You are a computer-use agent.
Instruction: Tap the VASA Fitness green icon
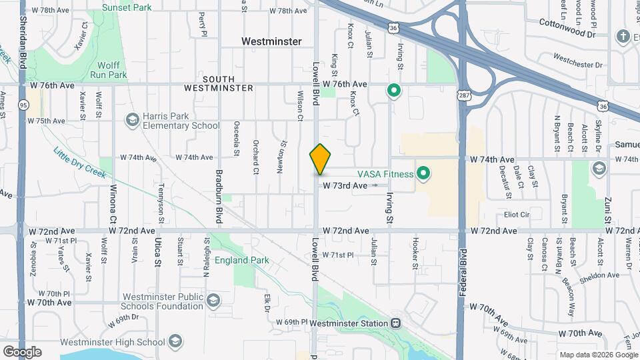(x=423, y=175)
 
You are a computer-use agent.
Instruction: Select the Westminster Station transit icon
(x=395, y=323)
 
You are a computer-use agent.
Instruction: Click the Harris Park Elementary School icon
(x=131, y=120)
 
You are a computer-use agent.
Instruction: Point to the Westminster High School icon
(x=175, y=342)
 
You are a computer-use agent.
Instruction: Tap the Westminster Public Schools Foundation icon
(x=213, y=300)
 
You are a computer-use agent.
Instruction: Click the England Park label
(x=241, y=260)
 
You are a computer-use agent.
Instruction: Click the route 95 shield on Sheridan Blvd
(x=24, y=104)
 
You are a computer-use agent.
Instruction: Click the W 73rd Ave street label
(x=345, y=185)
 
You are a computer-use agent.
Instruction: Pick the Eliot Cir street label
(x=517, y=215)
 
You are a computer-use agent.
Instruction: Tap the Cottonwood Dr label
(x=567, y=31)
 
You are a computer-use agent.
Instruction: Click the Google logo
(x=23, y=352)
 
